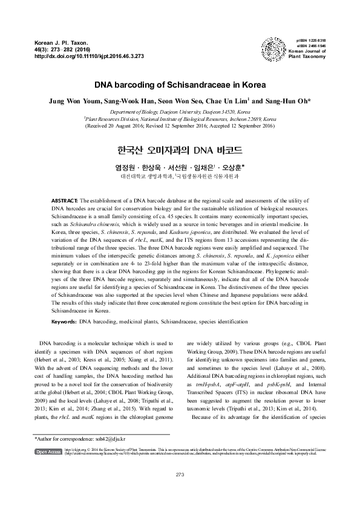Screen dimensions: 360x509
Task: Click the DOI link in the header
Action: click(x=90, y=56)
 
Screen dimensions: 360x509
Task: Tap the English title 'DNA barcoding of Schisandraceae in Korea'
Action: click(x=180, y=86)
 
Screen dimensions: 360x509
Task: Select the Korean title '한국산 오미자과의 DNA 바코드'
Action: click(x=180, y=148)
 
